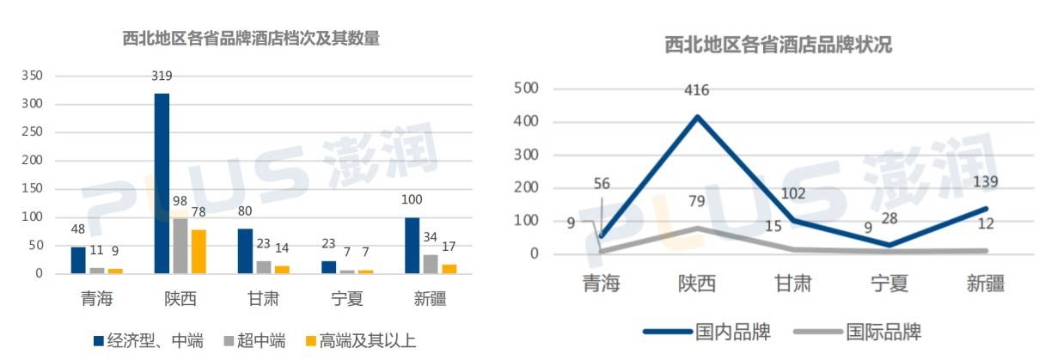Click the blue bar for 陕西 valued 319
(162, 183)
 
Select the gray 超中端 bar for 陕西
(180, 246)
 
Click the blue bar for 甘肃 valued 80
(245, 251)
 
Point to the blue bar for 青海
(78, 259)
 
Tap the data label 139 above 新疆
(986, 181)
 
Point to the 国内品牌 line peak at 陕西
(696, 117)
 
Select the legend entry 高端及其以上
(361, 340)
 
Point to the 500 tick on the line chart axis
(525, 88)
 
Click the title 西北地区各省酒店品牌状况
(778, 46)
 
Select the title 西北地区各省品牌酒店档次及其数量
(251, 39)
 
